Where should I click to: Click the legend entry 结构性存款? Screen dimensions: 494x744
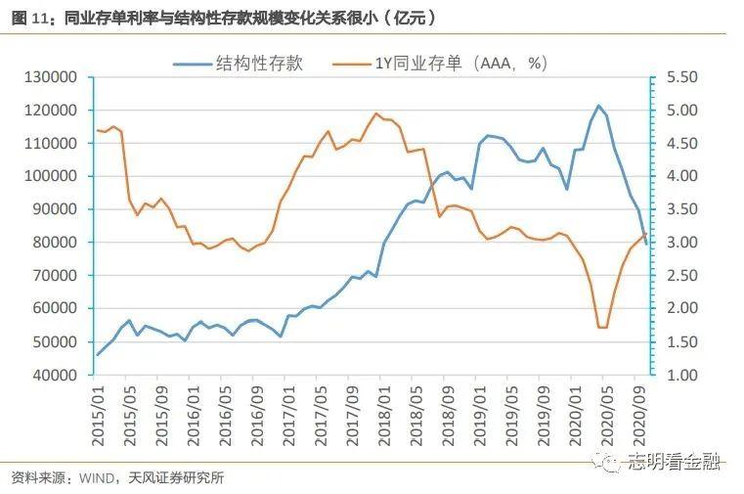coord(259,64)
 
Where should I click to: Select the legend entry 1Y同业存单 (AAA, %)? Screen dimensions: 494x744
coord(460,64)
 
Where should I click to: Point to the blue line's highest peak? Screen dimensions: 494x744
coord(598,106)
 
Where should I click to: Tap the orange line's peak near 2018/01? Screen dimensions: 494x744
coord(376,113)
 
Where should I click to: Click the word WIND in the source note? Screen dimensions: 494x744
coord(94,477)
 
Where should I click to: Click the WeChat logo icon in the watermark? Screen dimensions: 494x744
coord(610,460)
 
